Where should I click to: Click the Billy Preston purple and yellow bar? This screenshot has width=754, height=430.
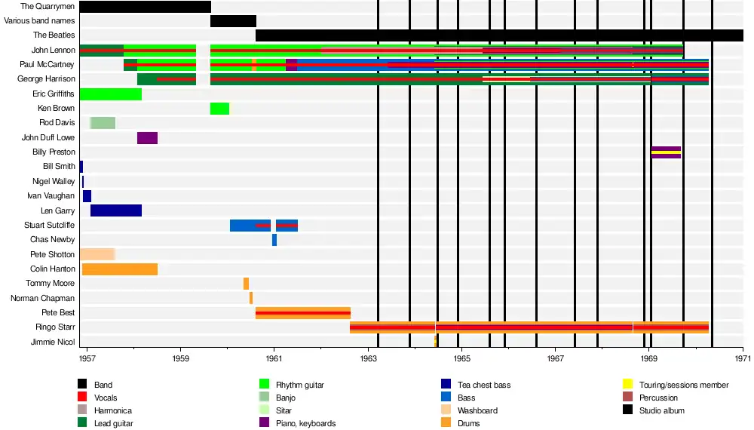click(x=666, y=152)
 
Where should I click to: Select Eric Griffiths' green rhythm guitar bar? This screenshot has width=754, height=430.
click(x=110, y=94)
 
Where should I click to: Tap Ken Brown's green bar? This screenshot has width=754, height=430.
click(x=219, y=109)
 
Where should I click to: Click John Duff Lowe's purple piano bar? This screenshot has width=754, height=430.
click(x=147, y=138)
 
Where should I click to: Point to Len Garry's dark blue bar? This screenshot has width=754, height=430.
click(x=115, y=210)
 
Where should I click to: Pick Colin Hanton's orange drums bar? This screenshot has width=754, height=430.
click(x=119, y=269)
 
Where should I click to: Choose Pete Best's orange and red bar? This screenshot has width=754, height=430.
click(x=302, y=313)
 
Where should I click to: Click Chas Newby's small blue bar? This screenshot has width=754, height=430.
click(x=274, y=240)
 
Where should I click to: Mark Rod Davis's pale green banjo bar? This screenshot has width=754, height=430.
click(x=103, y=123)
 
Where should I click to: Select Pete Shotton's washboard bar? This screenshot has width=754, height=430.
click(x=97, y=254)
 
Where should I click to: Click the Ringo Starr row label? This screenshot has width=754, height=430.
click(x=55, y=327)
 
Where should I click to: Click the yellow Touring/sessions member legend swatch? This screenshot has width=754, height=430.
click(x=627, y=385)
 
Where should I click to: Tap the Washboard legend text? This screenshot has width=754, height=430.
click(x=477, y=410)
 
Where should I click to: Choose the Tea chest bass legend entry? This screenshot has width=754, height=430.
click(x=483, y=385)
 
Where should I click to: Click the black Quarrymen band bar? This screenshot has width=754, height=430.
click(x=145, y=7)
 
